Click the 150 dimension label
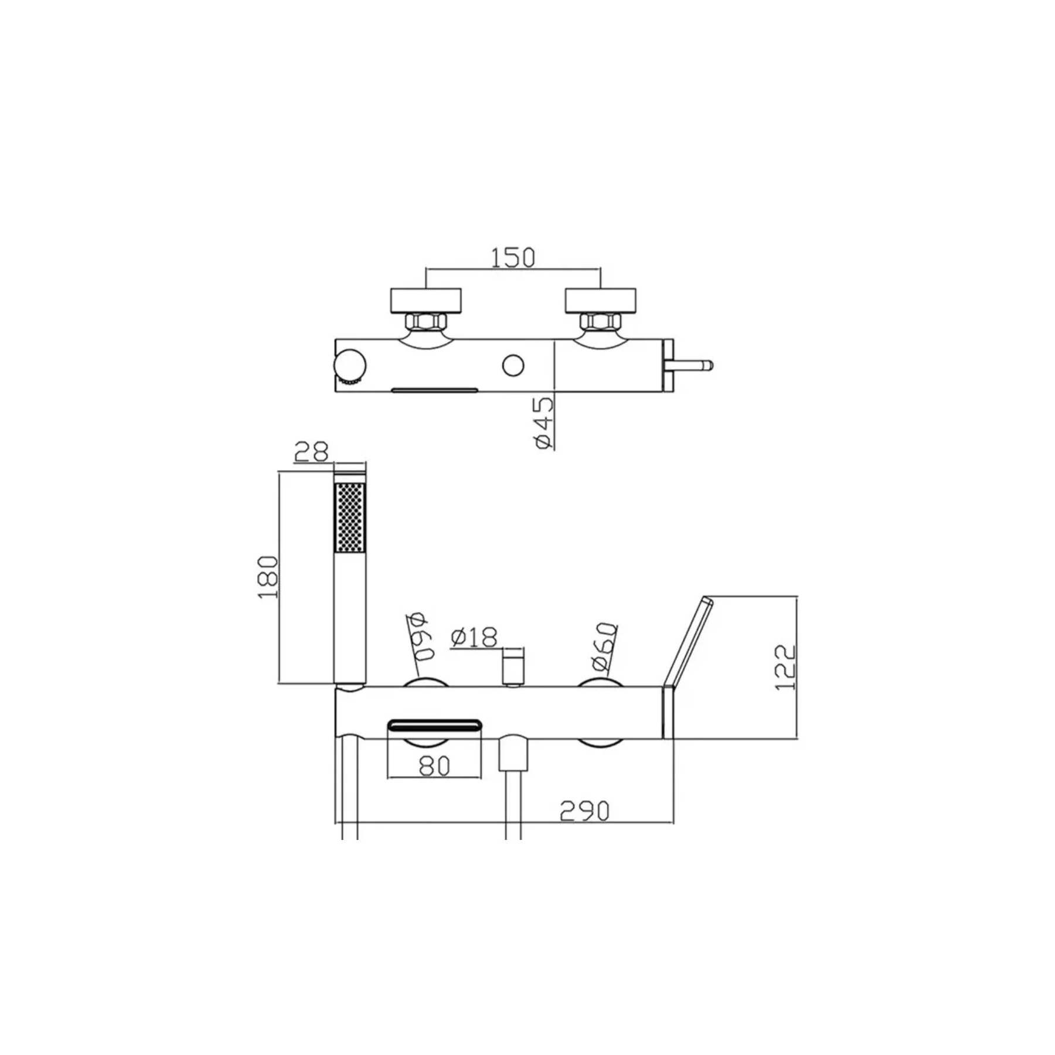513,257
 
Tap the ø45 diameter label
543,423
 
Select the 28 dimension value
311,452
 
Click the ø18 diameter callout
474,637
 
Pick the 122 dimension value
785,668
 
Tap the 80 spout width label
434,766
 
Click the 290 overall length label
584,811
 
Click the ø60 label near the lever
604,646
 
